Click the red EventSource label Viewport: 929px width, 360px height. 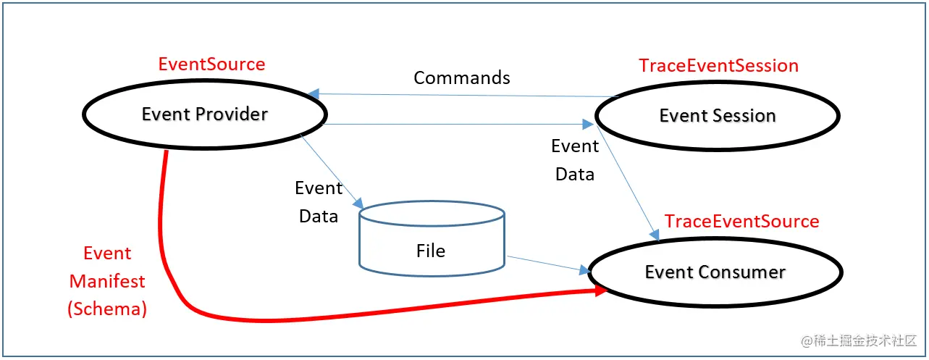211,64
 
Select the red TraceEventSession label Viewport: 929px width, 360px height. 719,65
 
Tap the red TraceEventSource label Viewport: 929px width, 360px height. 742,221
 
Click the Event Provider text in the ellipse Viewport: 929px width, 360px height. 205,114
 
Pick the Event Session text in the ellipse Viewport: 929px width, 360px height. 718,115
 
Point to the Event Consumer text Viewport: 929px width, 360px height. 715,272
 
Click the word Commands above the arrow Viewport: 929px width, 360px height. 462,78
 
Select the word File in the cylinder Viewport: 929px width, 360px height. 431,251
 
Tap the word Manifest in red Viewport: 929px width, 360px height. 107,281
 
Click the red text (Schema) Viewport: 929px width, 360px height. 107,309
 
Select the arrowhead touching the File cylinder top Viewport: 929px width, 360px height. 358,204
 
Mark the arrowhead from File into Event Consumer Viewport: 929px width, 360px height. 585,270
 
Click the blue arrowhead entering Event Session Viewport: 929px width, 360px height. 588,124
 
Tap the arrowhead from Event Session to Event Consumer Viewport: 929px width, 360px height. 655,235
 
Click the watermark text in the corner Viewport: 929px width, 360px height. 859,341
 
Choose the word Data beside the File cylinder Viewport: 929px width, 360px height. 319,217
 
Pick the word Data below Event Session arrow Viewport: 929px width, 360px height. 575,175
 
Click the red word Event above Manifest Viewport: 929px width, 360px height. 107,253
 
